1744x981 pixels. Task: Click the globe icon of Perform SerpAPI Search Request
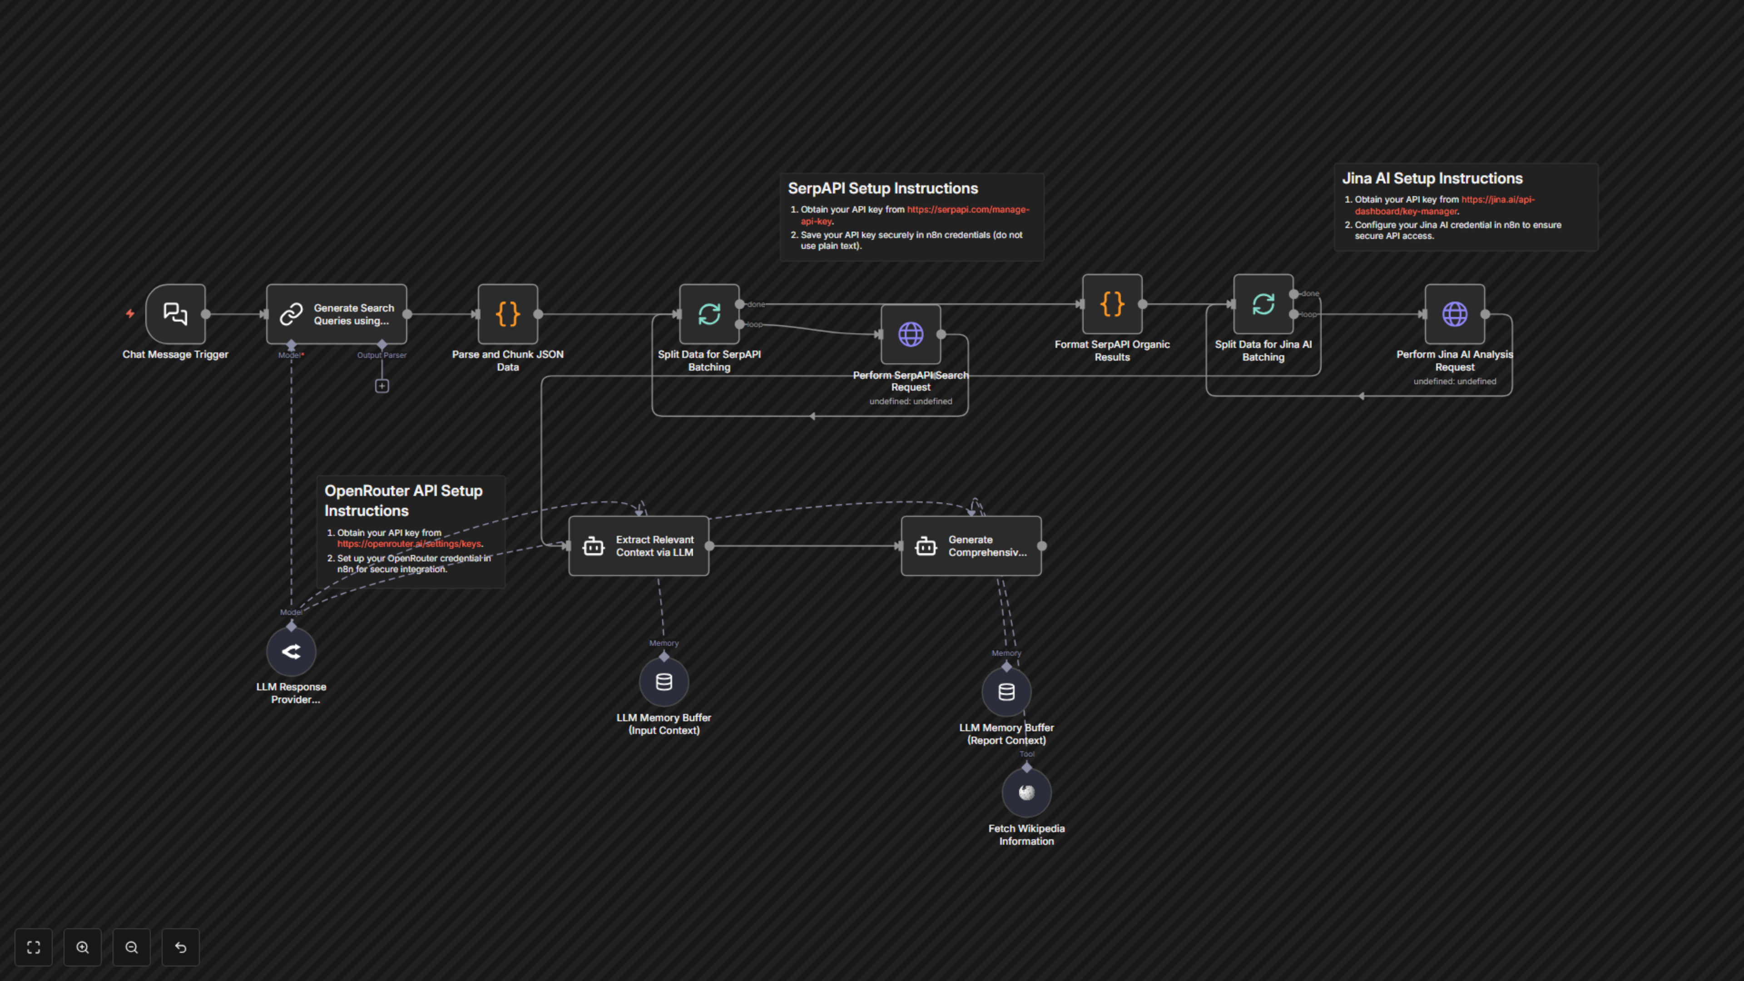point(911,334)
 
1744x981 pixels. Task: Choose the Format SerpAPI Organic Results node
point(1112,304)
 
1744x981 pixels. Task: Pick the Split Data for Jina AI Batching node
point(1263,304)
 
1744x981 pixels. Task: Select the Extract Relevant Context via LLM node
point(639,545)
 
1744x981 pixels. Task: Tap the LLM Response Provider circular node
point(291,651)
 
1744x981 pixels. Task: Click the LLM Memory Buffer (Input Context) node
point(664,682)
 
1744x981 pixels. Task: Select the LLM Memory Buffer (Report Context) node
point(1006,692)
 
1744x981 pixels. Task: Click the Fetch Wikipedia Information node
point(1026,792)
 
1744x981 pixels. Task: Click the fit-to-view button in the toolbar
point(33,947)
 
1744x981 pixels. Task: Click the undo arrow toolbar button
point(181,947)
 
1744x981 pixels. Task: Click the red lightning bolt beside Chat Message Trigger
point(130,313)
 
